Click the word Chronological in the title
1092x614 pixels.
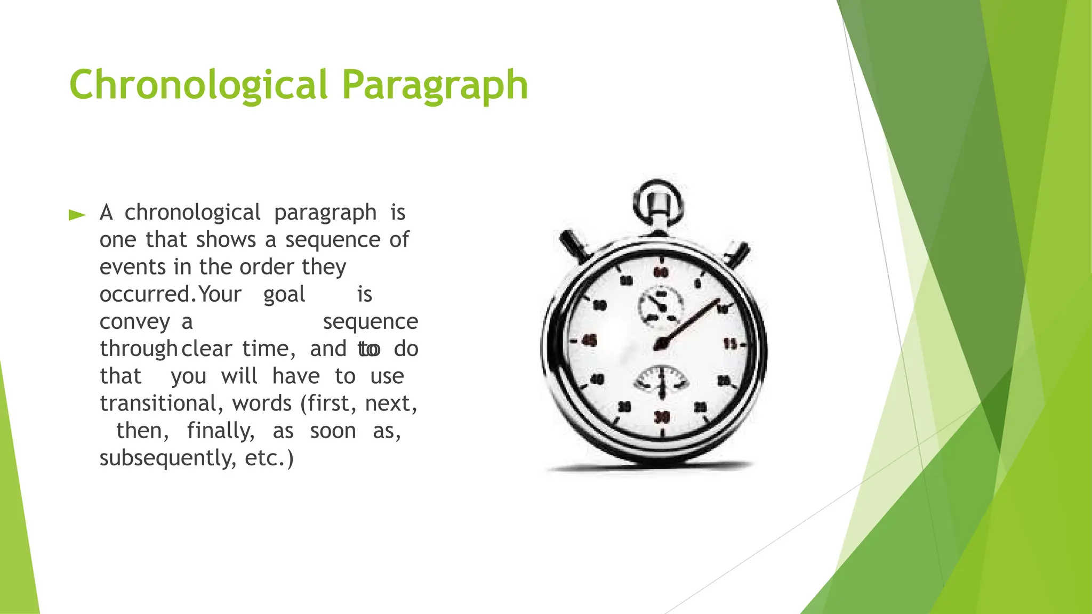point(198,85)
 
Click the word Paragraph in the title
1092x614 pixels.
point(435,85)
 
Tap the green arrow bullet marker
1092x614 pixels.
point(77,215)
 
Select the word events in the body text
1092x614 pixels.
point(133,267)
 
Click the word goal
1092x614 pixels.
point(284,294)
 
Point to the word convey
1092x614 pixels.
point(135,322)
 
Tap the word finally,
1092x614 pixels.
point(221,431)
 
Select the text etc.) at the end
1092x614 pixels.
point(269,458)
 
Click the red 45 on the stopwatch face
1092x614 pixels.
point(589,340)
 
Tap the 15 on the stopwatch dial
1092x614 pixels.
point(730,344)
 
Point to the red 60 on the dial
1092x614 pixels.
point(661,272)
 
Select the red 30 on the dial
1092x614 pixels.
point(661,417)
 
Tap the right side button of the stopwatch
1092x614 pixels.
point(739,254)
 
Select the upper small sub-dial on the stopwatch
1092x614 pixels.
point(661,305)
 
